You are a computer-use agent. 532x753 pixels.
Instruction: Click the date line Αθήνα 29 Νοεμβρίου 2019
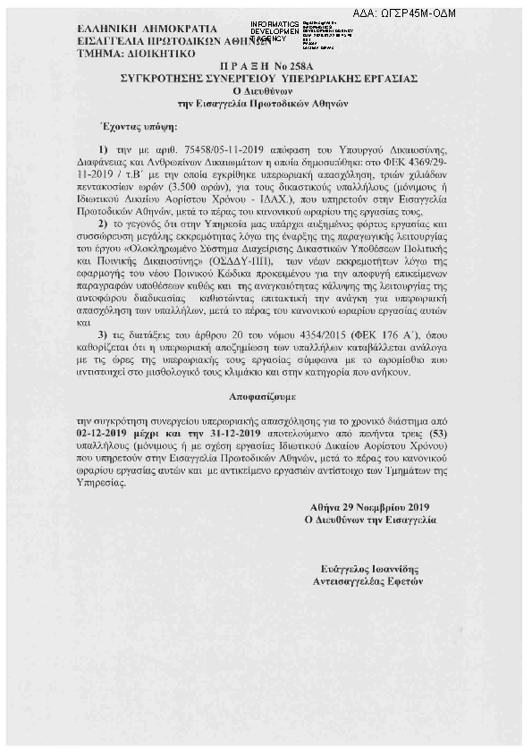pyautogui.click(x=371, y=506)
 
